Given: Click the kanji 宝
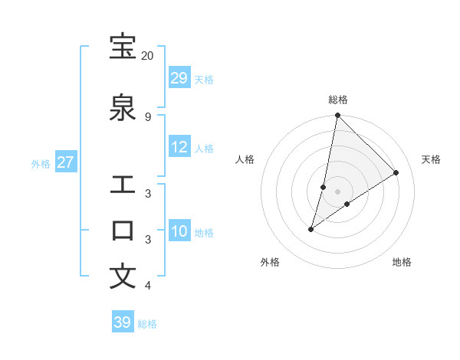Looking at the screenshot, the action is point(123,47).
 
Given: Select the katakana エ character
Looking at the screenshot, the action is point(123,185).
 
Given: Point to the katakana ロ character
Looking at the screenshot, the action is point(123,231).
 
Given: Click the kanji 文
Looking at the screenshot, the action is point(123,277).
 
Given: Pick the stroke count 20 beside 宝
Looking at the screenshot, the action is point(148,56).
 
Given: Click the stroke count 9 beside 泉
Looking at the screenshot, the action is point(148,117).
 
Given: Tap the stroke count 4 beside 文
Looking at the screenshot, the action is point(148,286).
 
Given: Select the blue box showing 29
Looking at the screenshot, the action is point(179,78).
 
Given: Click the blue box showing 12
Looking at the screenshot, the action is point(179,147).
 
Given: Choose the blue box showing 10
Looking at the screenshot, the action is point(179,231).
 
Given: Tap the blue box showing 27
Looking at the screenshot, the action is point(66,162).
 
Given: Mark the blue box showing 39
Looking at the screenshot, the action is point(123,322).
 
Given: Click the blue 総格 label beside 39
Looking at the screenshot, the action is point(147,324).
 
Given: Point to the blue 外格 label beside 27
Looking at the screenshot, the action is point(41,163).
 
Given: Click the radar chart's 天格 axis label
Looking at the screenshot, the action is point(431,159).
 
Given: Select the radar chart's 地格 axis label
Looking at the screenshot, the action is point(402,262).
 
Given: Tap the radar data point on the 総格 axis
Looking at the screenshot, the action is point(337,115).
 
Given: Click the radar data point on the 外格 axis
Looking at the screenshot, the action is point(311,229).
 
